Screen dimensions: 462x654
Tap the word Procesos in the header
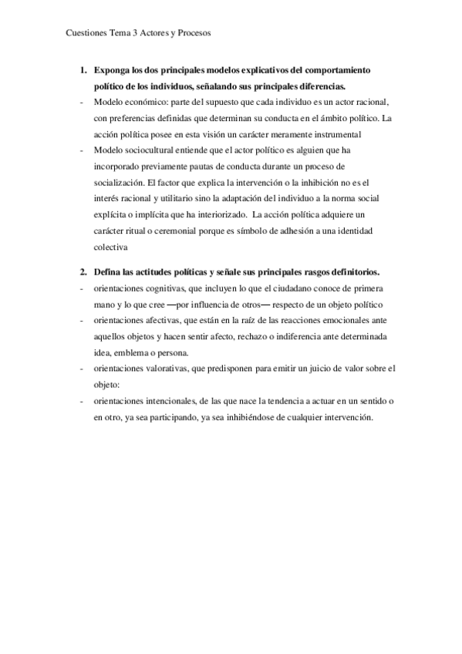click(192, 33)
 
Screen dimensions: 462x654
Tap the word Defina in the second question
click(109, 272)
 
